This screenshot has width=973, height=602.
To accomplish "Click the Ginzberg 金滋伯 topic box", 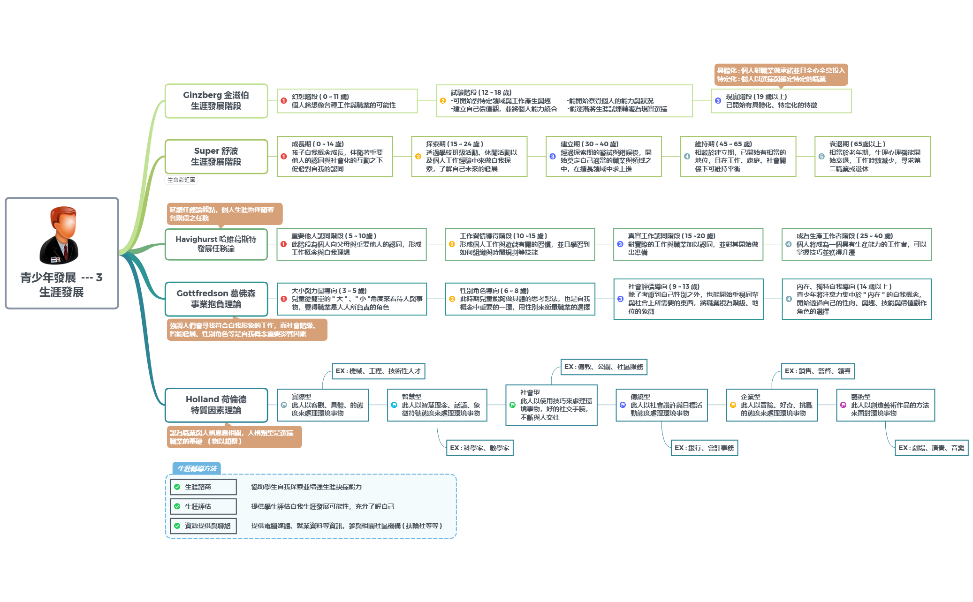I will pos(216,101).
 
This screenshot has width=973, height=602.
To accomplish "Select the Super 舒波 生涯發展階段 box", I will pos(216,157).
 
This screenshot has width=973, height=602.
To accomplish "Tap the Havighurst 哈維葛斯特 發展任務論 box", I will pos(216,244).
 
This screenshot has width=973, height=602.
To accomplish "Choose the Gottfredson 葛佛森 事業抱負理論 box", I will pos(216,299).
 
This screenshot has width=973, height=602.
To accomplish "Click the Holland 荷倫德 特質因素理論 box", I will pos(216,405).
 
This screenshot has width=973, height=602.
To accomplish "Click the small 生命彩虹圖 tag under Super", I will pos(182,180).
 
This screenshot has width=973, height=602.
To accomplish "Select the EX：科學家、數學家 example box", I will pos(479,448).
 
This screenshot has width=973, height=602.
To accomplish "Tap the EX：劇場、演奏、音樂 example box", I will pos(931,448).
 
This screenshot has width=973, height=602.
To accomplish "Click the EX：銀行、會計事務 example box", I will pos(704,448).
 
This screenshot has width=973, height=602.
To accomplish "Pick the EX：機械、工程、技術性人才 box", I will pos(378,371).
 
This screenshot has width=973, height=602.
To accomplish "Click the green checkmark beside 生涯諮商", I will pos(177,487).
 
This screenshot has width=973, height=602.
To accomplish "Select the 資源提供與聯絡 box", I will pos(204,526).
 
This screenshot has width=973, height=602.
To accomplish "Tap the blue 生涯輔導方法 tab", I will pos(197,468).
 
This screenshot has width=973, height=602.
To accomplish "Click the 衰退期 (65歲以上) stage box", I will pos(872,157).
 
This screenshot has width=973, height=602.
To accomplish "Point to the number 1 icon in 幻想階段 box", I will pos(284,101).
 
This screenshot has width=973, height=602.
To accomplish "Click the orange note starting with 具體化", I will pos(781,75).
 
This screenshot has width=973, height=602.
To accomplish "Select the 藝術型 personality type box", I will pos(885,405).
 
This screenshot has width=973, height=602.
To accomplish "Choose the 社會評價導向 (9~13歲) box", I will pos(688,299).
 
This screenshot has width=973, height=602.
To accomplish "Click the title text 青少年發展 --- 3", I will pos(61,278).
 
